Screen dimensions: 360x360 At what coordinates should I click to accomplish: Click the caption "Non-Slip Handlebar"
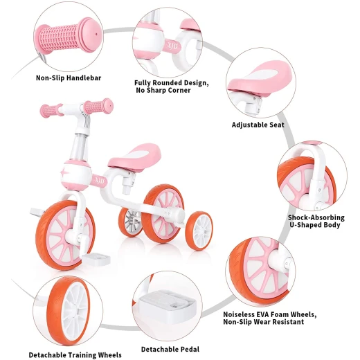[69, 78]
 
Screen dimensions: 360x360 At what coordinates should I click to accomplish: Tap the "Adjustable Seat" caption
[258, 125]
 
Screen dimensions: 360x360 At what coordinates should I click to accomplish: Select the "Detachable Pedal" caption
[170, 350]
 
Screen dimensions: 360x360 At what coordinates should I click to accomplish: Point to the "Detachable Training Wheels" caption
[75, 355]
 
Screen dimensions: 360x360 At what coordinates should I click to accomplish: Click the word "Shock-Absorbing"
[316, 217]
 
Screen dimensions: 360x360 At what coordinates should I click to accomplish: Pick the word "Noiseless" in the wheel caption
[240, 314]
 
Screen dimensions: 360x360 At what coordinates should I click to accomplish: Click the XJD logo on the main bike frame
[100, 180]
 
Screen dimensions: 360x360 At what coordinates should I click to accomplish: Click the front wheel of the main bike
[65, 235]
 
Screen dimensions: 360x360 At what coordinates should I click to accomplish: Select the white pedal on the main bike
[96, 259]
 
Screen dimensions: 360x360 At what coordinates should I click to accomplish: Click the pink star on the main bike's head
[64, 172]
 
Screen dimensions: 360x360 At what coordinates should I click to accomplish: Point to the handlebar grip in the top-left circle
[69, 35]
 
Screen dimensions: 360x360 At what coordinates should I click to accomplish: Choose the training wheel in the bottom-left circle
[69, 311]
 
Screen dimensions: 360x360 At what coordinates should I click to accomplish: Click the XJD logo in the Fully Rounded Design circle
[172, 46]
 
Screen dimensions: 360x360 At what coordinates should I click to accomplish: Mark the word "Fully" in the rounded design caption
[143, 83]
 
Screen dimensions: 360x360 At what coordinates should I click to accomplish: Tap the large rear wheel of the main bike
[163, 213]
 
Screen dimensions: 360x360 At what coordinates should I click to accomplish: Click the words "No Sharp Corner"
[163, 90]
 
